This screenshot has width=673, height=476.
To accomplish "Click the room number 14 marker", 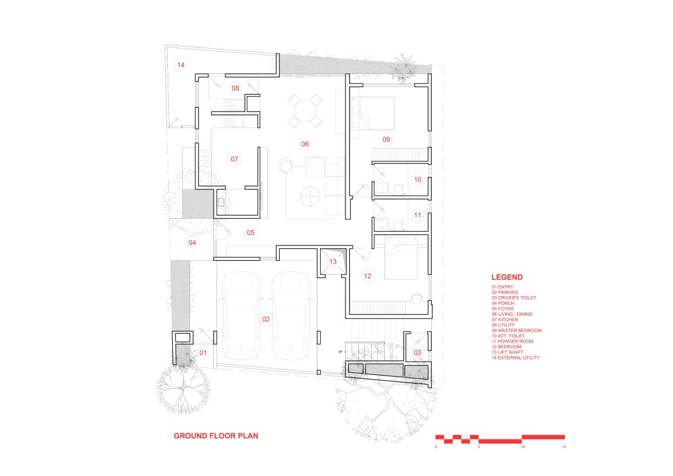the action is pyautogui.click(x=181, y=65).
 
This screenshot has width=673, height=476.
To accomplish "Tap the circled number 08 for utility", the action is pyautogui.click(x=235, y=88).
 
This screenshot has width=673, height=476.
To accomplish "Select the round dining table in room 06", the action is pyautogui.click(x=305, y=111).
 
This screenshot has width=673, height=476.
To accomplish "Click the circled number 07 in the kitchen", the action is pyautogui.click(x=234, y=159).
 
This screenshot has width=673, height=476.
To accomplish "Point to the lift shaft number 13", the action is pyautogui.click(x=333, y=262).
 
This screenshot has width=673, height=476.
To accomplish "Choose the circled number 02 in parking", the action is pyautogui.click(x=266, y=319).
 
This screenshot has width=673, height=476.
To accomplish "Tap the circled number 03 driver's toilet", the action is pyautogui.click(x=417, y=353).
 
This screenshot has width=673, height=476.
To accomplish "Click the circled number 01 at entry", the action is pyautogui.click(x=203, y=353).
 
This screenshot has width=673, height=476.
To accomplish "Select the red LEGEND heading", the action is pyautogui.click(x=507, y=277).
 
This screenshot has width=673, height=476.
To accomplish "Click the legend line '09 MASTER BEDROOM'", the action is pyautogui.click(x=517, y=330).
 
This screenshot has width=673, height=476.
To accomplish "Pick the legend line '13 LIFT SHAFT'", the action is pyautogui.click(x=507, y=352).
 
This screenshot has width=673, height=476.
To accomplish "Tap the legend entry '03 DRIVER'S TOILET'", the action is pyautogui.click(x=514, y=298).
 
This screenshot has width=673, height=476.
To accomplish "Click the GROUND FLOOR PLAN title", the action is pyautogui.click(x=216, y=436).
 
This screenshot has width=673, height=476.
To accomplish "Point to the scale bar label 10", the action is pyautogui.click(x=523, y=447).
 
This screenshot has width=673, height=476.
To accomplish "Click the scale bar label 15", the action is pyautogui.click(x=564, y=447).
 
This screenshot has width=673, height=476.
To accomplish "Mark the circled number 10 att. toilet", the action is pyautogui.click(x=418, y=179).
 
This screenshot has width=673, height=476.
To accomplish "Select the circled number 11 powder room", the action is pyautogui.click(x=418, y=215).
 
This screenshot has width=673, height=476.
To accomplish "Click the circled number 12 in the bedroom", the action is pyautogui.click(x=367, y=276).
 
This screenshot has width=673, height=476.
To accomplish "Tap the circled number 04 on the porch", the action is pyautogui.click(x=192, y=243).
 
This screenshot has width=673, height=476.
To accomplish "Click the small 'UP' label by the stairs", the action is pyautogui.click(x=340, y=352).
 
